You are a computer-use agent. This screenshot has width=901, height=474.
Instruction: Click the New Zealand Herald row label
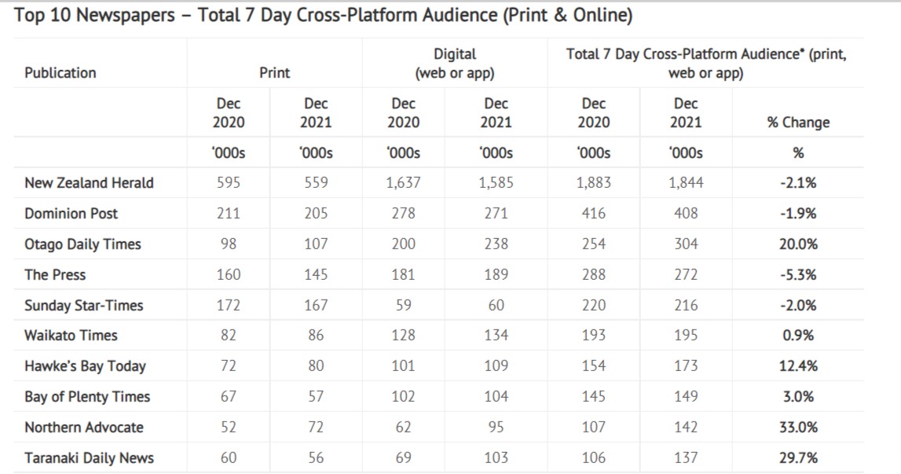(x=89, y=183)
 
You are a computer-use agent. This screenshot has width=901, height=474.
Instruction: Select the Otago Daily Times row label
(x=82, y=244)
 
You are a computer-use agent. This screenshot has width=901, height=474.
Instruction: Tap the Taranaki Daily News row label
(x=89, y=458)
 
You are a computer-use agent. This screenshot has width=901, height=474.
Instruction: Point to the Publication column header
(x=60, y=73)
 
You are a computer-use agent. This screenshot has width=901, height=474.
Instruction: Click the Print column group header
(x=275, y=73)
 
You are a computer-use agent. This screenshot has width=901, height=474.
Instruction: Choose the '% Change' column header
(x=798, y=122)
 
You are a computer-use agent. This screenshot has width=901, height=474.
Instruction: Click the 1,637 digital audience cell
(x=403, y=183)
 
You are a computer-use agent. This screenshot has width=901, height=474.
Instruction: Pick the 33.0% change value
(x=798, y=428)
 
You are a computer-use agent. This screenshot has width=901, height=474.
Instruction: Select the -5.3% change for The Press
(x=798, y=275)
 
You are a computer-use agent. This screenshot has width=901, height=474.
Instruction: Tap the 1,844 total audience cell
(x=686, y=183)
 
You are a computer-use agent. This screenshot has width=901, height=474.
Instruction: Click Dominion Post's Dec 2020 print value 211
(x=229, y=214)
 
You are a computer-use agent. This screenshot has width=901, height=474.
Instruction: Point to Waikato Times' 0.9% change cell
(x=798, y=336)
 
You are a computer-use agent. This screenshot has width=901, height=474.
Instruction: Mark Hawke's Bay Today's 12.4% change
(x=798, y=366)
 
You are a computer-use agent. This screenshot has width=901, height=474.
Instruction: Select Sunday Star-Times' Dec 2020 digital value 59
(x=403, y=306)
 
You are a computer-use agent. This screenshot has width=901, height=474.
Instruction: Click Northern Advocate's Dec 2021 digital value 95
(x=496, y=428)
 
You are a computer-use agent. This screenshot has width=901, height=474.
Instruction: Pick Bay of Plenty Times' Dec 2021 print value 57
(x=316, y=397)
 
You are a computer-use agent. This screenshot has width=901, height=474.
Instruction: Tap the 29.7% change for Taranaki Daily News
(x=798, y=458)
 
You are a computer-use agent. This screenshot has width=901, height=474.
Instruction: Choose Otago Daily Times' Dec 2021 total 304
(x=686, y=244)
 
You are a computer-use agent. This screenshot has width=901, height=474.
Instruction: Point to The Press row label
(x=55, y=275)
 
